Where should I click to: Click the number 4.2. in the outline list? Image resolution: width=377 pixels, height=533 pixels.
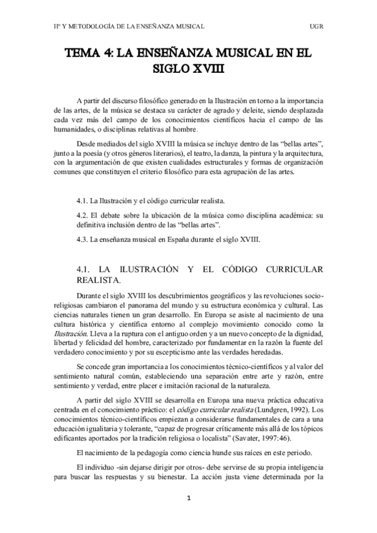(x=83, y=216)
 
